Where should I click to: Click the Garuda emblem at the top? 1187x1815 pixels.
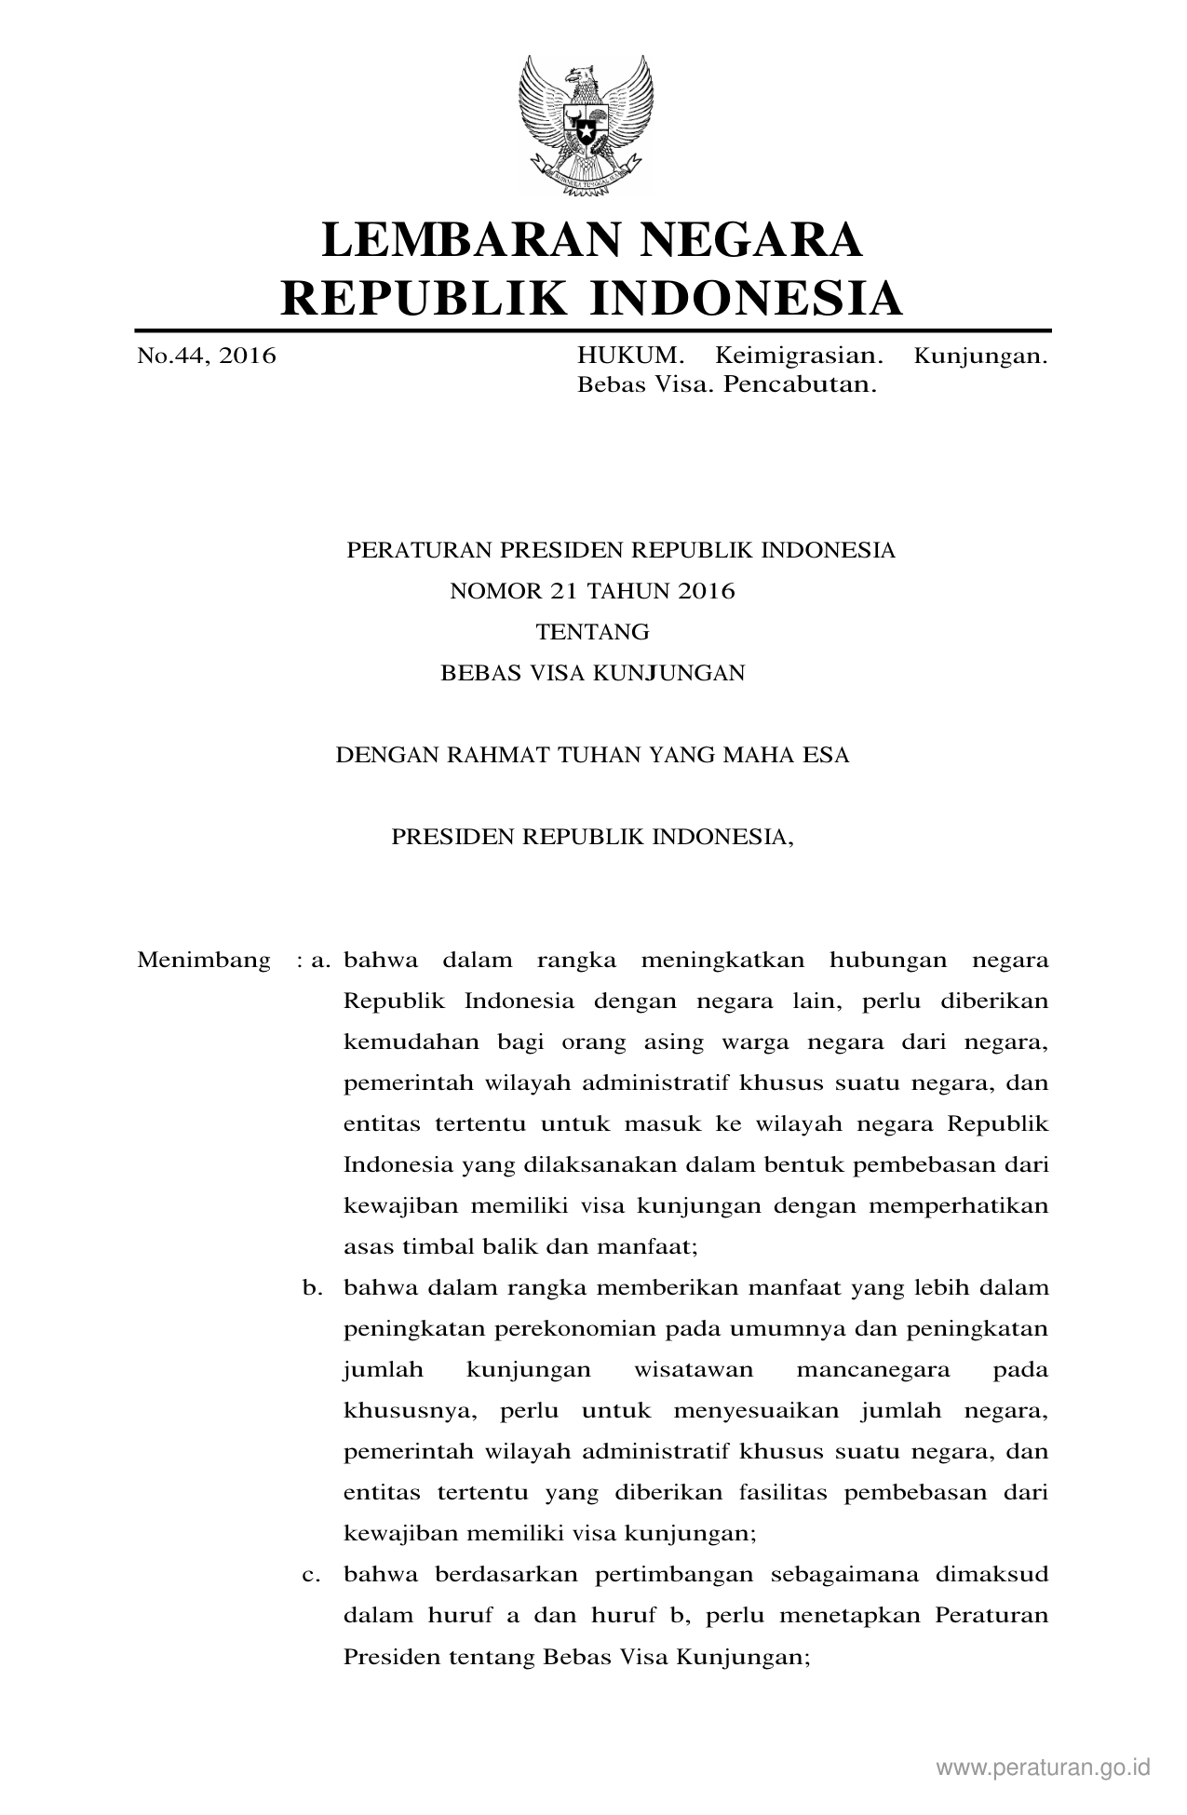tap(586, 125)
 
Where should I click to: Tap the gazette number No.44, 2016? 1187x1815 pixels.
tap(207, 356)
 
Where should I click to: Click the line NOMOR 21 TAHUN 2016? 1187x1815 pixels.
tap(592, 591)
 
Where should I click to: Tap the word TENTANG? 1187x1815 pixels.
tap(592, 632)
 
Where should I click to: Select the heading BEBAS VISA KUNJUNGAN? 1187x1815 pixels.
tap(592, 673)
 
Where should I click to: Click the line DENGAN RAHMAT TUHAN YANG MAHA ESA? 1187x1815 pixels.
tap(592, 755)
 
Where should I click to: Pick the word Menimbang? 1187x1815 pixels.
tap(204, 960)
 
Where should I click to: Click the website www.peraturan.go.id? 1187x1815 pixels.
tap(1044, 1767)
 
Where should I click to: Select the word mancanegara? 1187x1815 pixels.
tap(873, 1370)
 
